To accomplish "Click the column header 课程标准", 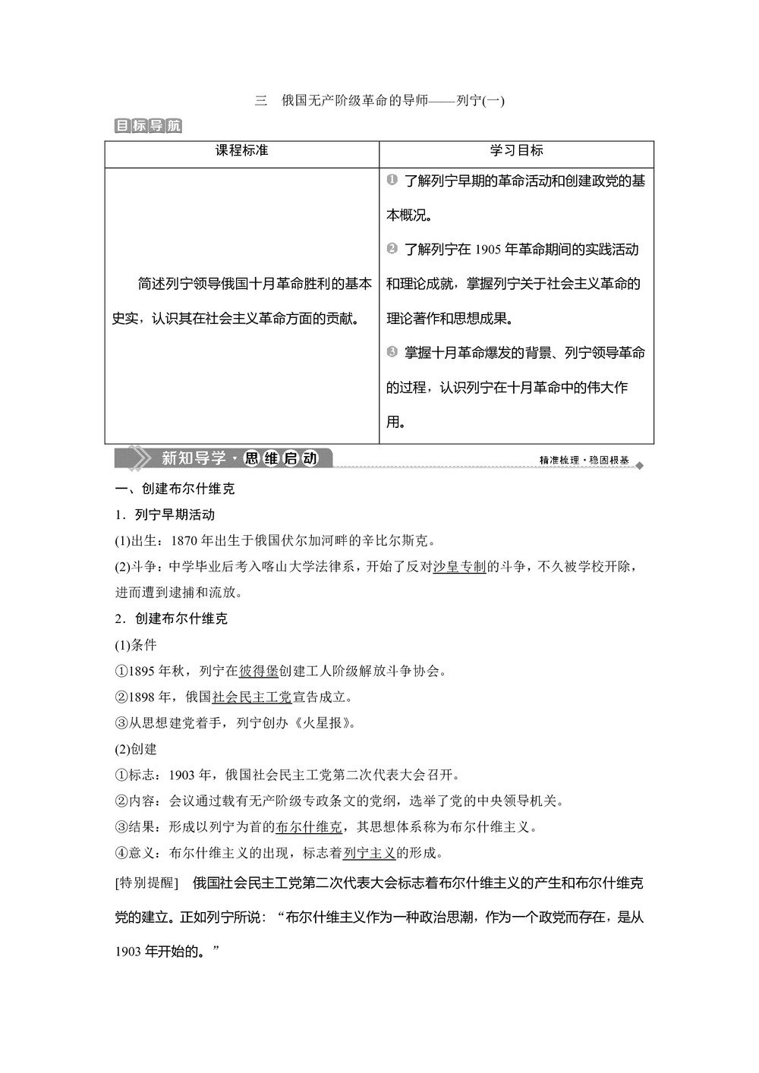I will coord(241,151).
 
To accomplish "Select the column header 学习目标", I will coord(516,151).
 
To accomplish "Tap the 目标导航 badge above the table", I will coord(148,126).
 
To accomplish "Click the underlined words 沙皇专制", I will coord(459,567).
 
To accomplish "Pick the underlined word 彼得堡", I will coord(259,671).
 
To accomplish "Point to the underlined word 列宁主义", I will coord(370,853).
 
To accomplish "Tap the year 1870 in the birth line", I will coord(185,541).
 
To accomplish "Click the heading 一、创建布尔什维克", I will coord(175,489).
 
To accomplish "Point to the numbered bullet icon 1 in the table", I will coord(392,180).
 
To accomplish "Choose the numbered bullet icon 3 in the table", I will coord(392,352).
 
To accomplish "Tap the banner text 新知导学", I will coord(194,458).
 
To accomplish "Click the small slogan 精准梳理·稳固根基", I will coord(584,461).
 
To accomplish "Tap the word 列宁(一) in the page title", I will coord(480,100).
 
